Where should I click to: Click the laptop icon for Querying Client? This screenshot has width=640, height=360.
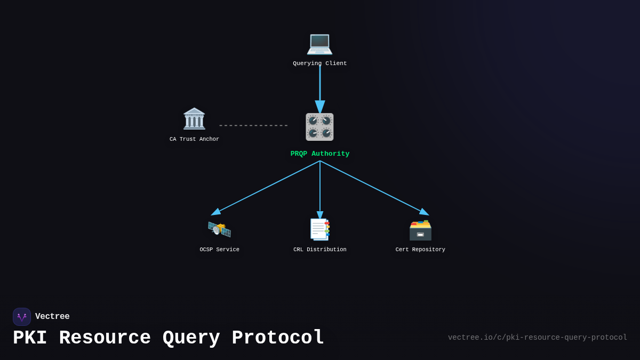tap(319, 43)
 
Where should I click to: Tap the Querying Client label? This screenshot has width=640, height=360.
tap(319, 63)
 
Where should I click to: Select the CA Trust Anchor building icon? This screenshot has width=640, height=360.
tap(194, 119)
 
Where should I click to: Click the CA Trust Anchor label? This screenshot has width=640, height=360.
tap(194, 139)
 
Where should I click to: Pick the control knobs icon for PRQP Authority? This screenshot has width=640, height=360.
tap(319, 127)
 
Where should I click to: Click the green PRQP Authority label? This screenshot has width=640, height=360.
tap(319, 154)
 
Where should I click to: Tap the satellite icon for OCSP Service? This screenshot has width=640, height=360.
tap(219, 229)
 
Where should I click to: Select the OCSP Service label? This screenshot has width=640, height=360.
tap(219, 250)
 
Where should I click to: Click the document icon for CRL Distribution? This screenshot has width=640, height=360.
tap(319, 229)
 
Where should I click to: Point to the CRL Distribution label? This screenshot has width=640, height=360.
tap(319, 250)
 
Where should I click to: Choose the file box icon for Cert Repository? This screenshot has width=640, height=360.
tap(420, 230)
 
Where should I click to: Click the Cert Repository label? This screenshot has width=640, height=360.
tap(420, 250)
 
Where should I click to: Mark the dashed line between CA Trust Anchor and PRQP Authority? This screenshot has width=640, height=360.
tap(253, 126)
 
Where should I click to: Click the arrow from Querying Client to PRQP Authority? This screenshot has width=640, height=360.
tap(320, 85)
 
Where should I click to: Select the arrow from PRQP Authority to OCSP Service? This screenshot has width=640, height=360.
tap(267, 187)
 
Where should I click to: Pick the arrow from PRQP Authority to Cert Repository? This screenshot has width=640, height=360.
tap(373, 187)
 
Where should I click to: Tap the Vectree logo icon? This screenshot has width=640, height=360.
tap(22, 317)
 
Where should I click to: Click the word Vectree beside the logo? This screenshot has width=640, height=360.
tap(52, 317)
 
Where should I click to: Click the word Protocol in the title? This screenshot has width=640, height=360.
tap(278, 338)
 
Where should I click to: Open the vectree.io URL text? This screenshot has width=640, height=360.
tap(537, 338)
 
